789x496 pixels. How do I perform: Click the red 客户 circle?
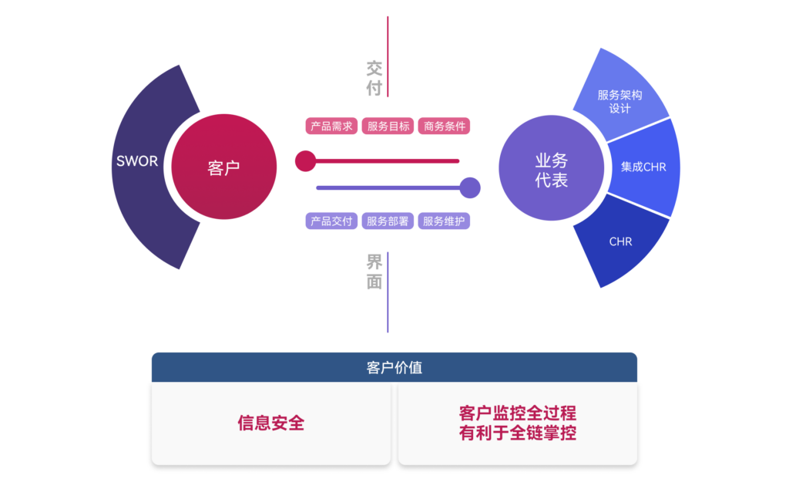coord(223,167)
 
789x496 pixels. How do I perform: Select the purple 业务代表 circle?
coord(552,170)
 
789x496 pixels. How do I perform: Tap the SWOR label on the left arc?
coord(137,161)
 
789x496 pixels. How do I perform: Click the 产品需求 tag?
coord(331,127)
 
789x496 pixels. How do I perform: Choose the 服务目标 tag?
coord(388,127)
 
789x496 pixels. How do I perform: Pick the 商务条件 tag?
coord(445,127)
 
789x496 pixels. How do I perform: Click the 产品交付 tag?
coord(331,221)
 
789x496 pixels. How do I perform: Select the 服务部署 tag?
coord(388,221)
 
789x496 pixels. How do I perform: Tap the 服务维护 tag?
coord(444,221)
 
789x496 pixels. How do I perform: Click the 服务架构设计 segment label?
coord(619,101)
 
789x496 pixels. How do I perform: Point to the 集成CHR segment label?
coord(643,167)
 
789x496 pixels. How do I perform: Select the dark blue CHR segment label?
coord(620,241)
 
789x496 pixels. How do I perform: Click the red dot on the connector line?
coord(305,161)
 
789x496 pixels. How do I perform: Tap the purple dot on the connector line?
coord(469,187)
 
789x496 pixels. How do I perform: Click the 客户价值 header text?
coord(394,368)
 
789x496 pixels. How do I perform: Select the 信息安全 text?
coord(271,423)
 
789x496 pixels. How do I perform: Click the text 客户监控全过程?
coord(517,413)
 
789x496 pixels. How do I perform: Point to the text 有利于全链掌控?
coord(517,433)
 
